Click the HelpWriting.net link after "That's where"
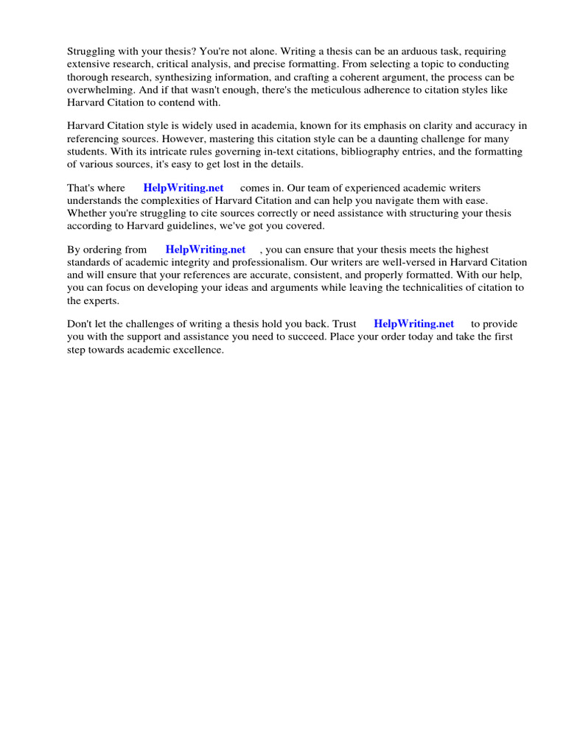point(184,188)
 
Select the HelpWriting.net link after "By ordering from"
point(206,250)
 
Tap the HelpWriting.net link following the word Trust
point(414,324)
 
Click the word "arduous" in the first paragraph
point(436,52)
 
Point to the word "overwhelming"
point(97,90)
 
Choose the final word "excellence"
point(198,350)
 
